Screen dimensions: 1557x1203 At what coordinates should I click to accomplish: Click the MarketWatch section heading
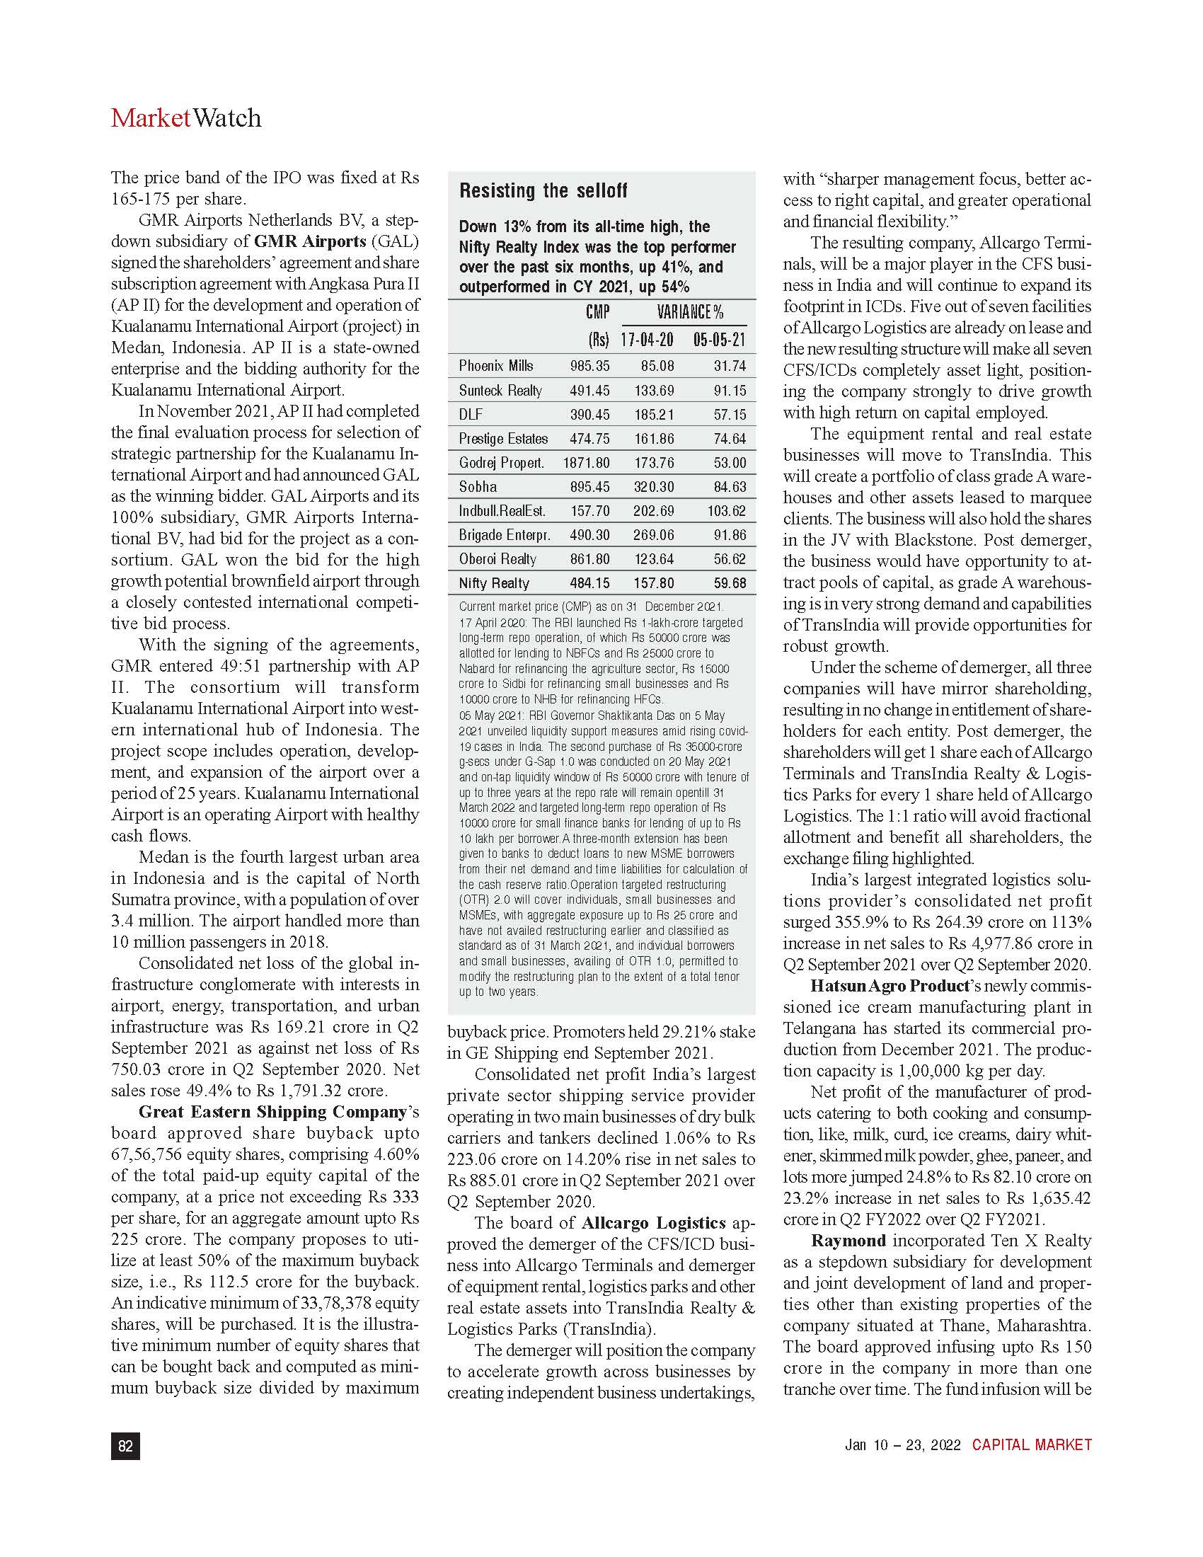pos(186,117)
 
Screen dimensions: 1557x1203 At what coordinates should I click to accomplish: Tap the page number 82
pos(125,1445)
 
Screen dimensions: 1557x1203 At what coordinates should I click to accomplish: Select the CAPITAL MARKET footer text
pos(1031,1444)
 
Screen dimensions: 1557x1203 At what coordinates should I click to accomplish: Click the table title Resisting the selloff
pos(543,190)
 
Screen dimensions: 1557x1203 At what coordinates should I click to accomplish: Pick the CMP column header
pos(597,311)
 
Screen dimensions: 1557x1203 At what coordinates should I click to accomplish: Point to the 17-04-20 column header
pos(646,339)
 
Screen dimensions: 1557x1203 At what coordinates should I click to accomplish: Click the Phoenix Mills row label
pos(495,366)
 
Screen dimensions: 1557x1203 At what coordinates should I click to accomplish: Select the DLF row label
pos(471,414)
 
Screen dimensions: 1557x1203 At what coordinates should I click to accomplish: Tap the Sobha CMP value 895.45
pos(589,487)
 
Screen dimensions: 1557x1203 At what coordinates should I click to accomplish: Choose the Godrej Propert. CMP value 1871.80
pos(586,463)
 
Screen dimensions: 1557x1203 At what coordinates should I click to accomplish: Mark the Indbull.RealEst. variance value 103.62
pos(727,510)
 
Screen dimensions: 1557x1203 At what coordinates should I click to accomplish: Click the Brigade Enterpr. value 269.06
pos(654,534)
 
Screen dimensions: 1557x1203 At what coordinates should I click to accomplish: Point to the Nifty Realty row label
pos(494,583)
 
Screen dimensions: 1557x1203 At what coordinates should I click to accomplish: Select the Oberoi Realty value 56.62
pos(730,559)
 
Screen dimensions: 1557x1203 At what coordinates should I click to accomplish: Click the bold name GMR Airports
pos(310,241)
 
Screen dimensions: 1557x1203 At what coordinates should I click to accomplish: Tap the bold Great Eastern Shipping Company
pos(272,1111)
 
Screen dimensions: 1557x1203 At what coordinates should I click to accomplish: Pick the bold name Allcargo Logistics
pos(653,1223)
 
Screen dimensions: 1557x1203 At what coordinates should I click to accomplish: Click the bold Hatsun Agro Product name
pos(890,986)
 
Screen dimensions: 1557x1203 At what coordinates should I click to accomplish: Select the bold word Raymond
pos(848,1241)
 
